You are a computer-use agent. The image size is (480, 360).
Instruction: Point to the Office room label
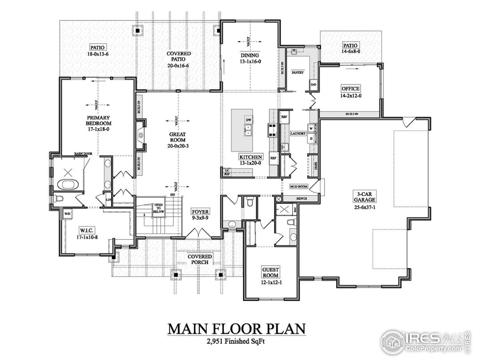(351, 89)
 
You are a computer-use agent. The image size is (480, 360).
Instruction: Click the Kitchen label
(251, 157)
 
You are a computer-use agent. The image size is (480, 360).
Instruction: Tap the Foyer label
(200, 211)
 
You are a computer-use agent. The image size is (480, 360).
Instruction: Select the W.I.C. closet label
(86, 231)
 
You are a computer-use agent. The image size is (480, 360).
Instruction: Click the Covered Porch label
(200, 259)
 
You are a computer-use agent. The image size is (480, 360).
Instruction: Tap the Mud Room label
(299, 186)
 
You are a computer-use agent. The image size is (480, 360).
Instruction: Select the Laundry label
(298, 133)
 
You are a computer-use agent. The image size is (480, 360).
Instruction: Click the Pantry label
(298, 72)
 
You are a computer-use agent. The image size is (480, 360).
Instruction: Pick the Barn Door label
(83, 154)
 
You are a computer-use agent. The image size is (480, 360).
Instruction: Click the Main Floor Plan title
(237, 329)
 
